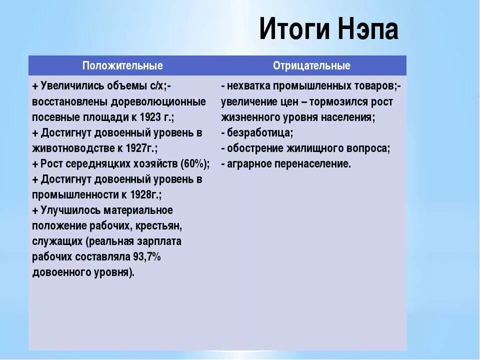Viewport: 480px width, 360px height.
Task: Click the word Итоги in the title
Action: (292, 30)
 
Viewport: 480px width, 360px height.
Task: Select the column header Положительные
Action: (122, 65)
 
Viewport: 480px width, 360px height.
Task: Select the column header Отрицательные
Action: (311, 65)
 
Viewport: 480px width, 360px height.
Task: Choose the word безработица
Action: (259, 133)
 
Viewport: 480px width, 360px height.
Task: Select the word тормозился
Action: (335, 102)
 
